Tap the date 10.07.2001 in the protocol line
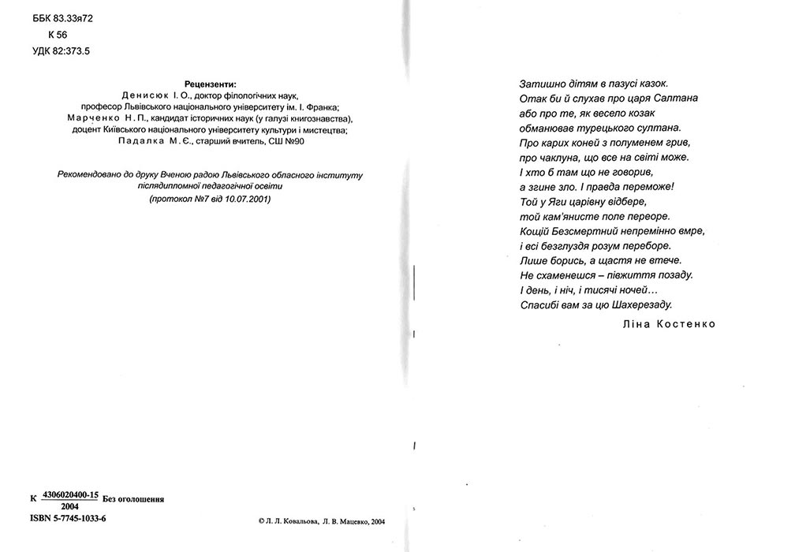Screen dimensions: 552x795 tap(246, 200)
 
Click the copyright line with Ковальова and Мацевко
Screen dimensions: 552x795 tap(321, 521)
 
